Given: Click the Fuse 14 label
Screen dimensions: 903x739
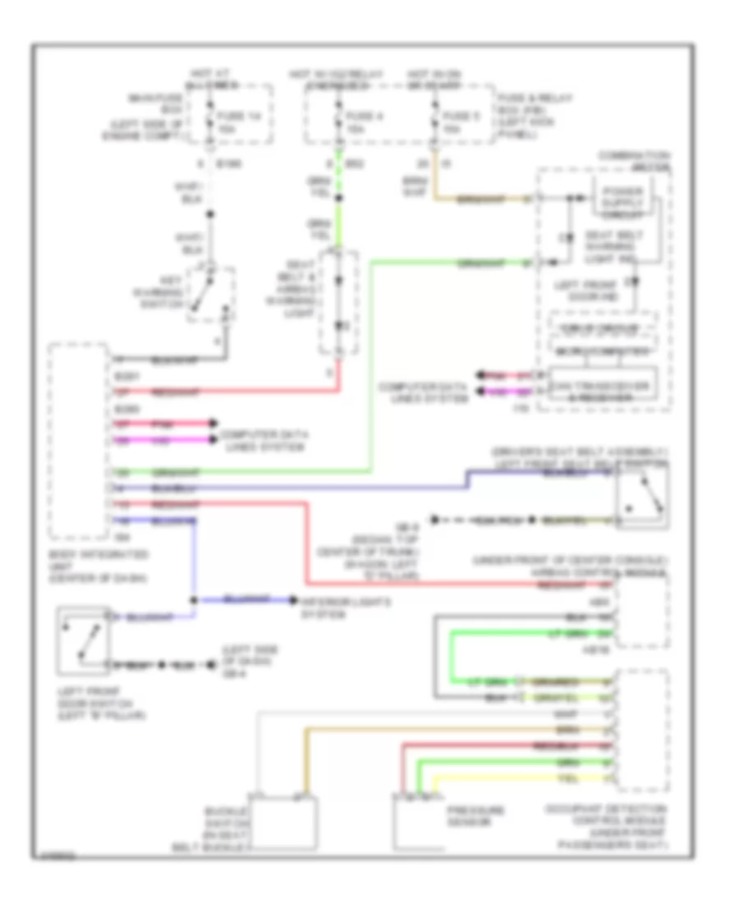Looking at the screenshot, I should [x=231, y=119].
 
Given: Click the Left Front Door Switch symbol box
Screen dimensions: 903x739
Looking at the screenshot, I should [x=83, y=636].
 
